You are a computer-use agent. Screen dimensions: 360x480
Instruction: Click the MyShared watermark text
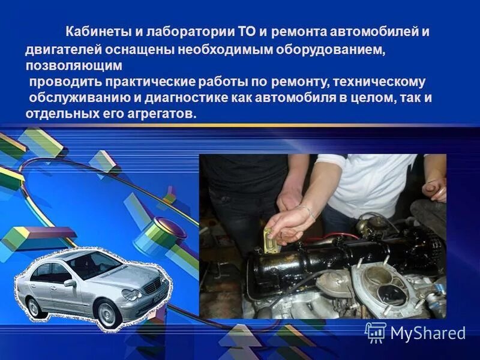pos(428,333)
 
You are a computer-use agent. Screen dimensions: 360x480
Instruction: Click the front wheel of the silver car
pos(107,313)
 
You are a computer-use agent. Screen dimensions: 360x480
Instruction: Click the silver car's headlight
pos(132,294)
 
